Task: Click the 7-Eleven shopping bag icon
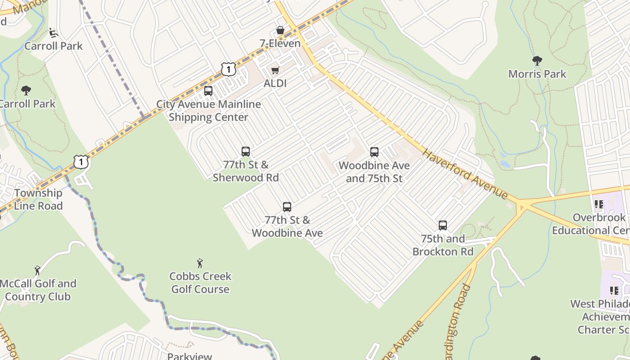[280, 30]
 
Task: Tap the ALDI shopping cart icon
[275, 70]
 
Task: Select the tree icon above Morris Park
[537, 61]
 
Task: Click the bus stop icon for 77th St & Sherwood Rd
[246, 152]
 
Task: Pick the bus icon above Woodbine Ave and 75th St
[374, 152]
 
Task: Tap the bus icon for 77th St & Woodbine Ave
[287, 207]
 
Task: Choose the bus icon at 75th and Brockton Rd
[443, 225]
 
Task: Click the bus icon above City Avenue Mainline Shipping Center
[208, 91]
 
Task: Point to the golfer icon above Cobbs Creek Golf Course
[200, 263]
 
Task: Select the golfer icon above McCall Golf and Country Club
[38, 270]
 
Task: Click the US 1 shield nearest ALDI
[229, 69]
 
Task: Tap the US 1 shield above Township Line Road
[81, 162]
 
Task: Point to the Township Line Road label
[38, 199]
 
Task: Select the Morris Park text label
[537, 74]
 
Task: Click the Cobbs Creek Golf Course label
[200, 283]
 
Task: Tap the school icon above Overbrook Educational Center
[599, 205]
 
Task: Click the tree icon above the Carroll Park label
[26, 90]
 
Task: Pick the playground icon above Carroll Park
[54, 32]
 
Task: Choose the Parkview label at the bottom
[189, 356]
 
